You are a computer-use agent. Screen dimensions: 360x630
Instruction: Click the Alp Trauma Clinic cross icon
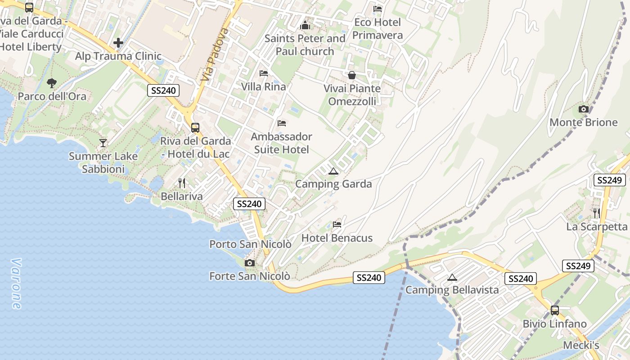pos(118,43)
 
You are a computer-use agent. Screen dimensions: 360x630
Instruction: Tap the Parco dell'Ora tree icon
pos(52,83)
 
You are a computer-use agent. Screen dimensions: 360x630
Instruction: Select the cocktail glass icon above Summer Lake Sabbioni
pos(103,143)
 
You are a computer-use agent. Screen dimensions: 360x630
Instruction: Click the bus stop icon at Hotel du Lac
pos(195,127)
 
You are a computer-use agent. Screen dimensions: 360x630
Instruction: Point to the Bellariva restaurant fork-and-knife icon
pos(182,183)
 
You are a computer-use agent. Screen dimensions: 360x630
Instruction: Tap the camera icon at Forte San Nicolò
pos(249,263)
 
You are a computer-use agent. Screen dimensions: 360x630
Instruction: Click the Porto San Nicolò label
pos(250,244)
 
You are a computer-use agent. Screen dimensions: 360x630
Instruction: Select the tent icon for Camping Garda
pos(333,171)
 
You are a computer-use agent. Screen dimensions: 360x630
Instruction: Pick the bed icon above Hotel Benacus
pos(337,224)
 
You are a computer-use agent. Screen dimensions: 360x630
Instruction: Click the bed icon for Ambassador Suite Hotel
pos(282,123)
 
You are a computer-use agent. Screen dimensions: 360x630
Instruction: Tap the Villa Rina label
pos(263,86)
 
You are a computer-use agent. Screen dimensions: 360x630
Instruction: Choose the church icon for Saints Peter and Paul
pos(305,25)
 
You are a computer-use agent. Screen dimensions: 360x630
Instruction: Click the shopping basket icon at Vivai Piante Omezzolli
pos(352,75)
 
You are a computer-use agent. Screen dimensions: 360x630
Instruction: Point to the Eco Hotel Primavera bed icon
pos(378,9)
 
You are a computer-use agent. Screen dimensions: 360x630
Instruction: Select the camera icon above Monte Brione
pos(583,109)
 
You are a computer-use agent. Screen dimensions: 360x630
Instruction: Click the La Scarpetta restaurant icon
pos(596,213)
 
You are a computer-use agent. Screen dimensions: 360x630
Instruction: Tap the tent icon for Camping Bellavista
pos(452,277)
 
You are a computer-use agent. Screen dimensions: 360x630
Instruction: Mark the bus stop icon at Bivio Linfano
pos(554,310)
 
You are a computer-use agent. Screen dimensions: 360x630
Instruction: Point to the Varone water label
pos(16,283)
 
